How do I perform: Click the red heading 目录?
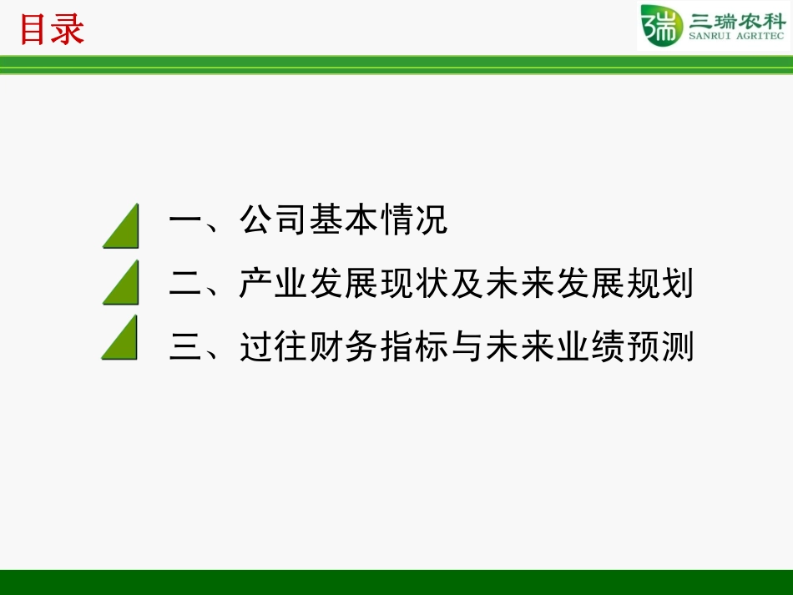tap(52, 30)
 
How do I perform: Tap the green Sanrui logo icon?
tap(659, 27)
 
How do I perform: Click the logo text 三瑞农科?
tap(737, 21)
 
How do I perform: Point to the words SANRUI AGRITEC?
tap(737, 38)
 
